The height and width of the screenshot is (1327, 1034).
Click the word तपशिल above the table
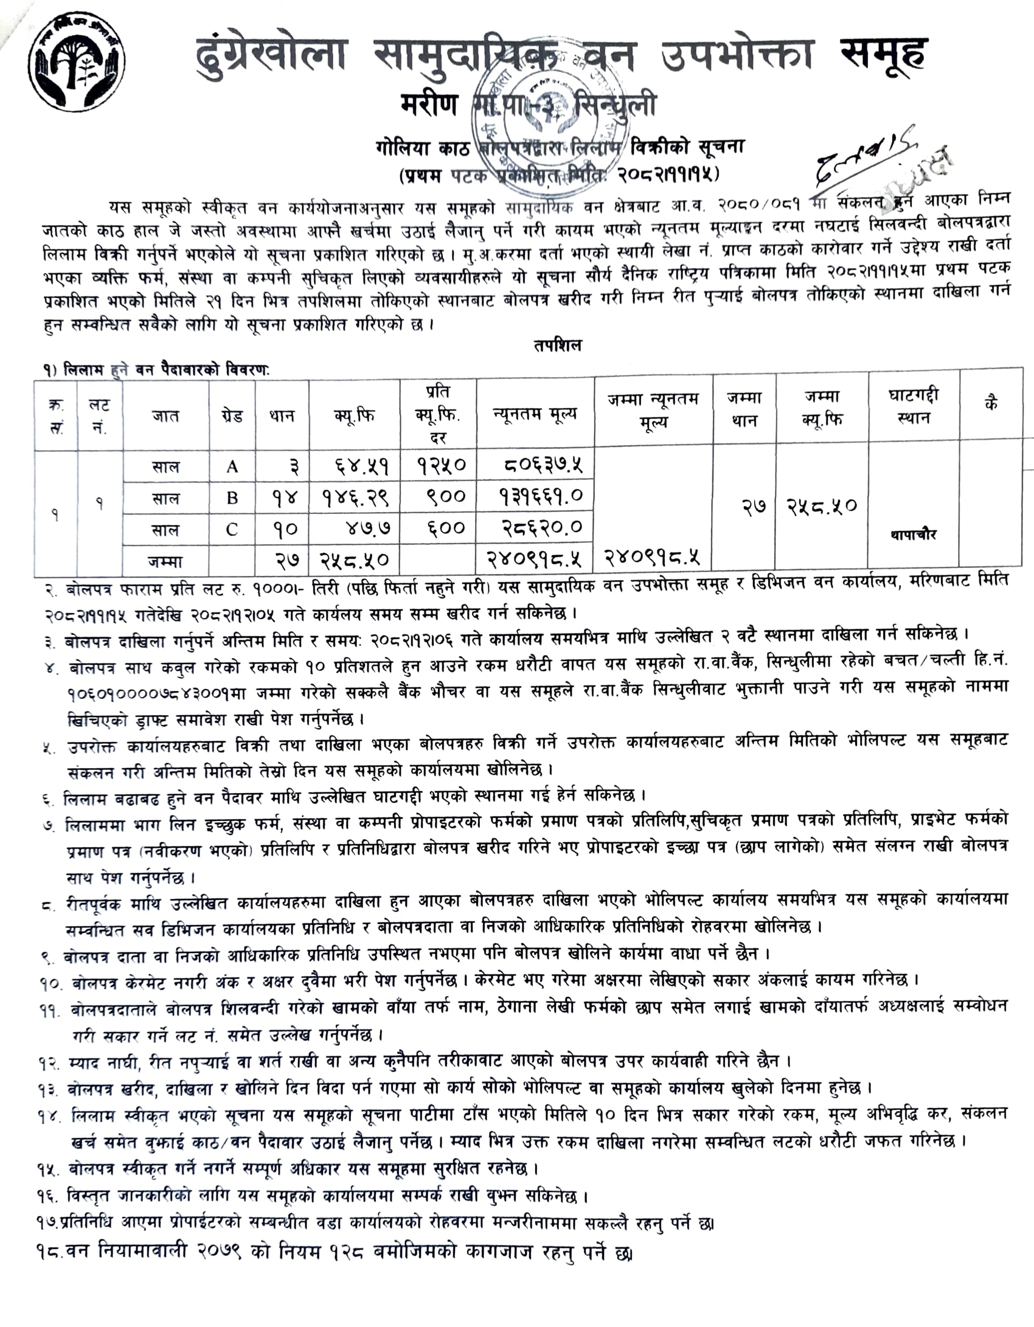(x=558, y=345)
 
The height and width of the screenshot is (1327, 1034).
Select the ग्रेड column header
(x=232, y=415)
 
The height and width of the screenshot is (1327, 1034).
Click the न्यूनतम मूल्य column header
(x=535, y=414)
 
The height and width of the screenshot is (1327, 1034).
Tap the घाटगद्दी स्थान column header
(x=913, y=407)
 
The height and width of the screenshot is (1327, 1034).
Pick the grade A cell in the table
(x=232, y=466)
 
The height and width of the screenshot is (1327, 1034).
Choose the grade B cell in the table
(x=232, y=498)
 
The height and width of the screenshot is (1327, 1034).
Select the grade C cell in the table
(x=232, y=529)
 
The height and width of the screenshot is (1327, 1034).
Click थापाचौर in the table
(x=913, y=535)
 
